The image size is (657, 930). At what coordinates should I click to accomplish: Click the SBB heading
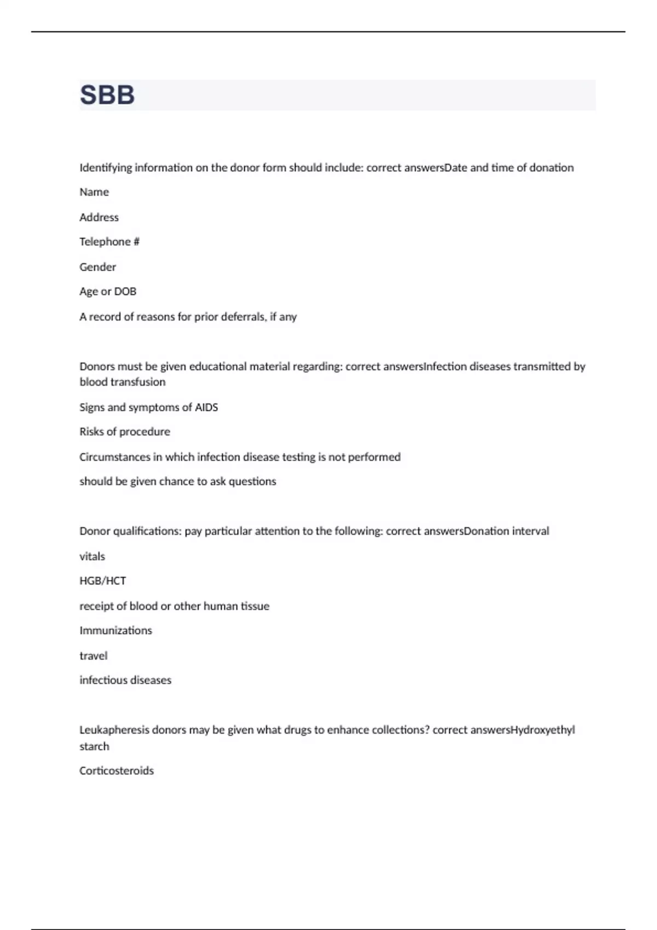(107, 95)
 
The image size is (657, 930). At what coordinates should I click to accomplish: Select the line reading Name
(94, 192)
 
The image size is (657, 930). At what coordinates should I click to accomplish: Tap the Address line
(99, 217)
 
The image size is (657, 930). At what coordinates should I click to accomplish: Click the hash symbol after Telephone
(136, 242)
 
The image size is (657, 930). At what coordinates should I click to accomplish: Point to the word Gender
(98, 267)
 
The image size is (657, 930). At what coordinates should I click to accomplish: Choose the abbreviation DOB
(125, 292)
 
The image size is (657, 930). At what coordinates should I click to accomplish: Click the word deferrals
(243, 317)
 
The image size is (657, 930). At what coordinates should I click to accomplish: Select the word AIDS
(206, 407)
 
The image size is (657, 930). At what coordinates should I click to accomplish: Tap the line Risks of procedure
(125, 432)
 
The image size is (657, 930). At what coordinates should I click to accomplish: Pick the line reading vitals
(92, 556)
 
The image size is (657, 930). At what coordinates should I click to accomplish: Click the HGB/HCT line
(103, 581)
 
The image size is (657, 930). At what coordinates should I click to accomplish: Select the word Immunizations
(116, 630)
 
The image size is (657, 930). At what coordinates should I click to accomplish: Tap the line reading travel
(94, 655)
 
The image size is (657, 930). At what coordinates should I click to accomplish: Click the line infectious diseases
(125, 680)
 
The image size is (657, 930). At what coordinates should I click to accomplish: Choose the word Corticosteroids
(117, 771)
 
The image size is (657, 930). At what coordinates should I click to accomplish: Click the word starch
(94, 746)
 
